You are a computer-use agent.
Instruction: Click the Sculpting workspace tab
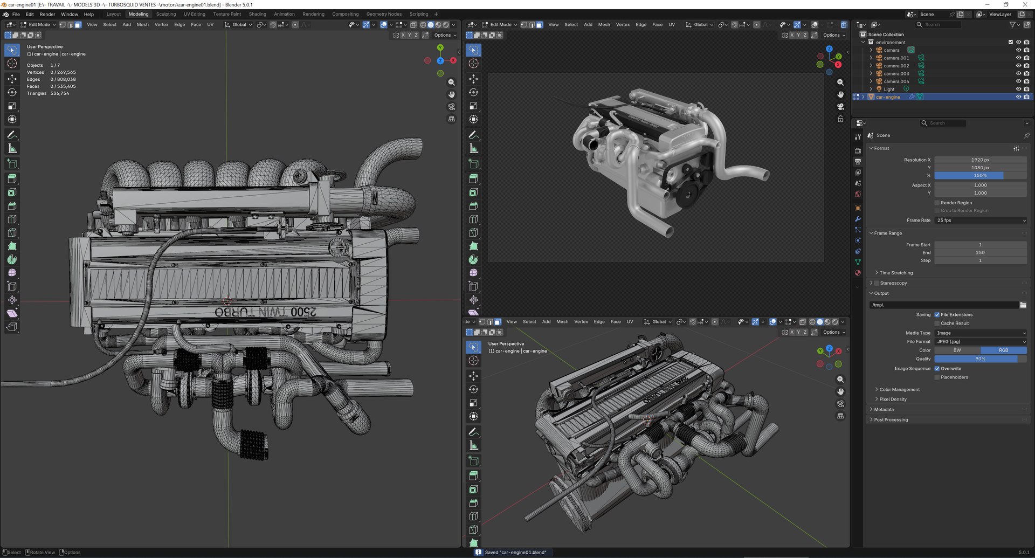(x=166, y=14)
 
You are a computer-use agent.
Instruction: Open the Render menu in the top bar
(x=47, y=14)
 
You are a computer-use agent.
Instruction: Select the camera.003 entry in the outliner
(x=896, y=74)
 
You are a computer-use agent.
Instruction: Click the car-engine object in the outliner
(x=888, y=97)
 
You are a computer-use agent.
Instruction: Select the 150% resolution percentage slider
(x=980, y=176)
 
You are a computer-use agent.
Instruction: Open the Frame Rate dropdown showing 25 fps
(x=980, y=221)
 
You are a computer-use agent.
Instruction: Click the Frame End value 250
(x=980, y=253)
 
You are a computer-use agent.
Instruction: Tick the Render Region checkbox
(x=937, y=203)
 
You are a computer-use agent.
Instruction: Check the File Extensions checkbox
(x=937, y=315)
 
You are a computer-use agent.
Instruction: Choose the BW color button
(x=957, y=350)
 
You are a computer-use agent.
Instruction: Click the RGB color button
(x=1003, y=350)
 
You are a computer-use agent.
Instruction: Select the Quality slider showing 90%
(x=980, y=359)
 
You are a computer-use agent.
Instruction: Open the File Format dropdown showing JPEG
(x=980, y=342)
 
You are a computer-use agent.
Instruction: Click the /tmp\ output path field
(x=943, y=305)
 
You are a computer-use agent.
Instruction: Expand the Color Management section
(x=899, y=390)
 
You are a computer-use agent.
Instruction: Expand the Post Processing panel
(x=891, y=420)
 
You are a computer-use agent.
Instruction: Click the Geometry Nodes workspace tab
(x=384, y=14)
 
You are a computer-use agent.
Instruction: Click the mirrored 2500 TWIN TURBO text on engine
(x=265, y=312)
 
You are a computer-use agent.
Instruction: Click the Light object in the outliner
(x=889, y=89)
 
